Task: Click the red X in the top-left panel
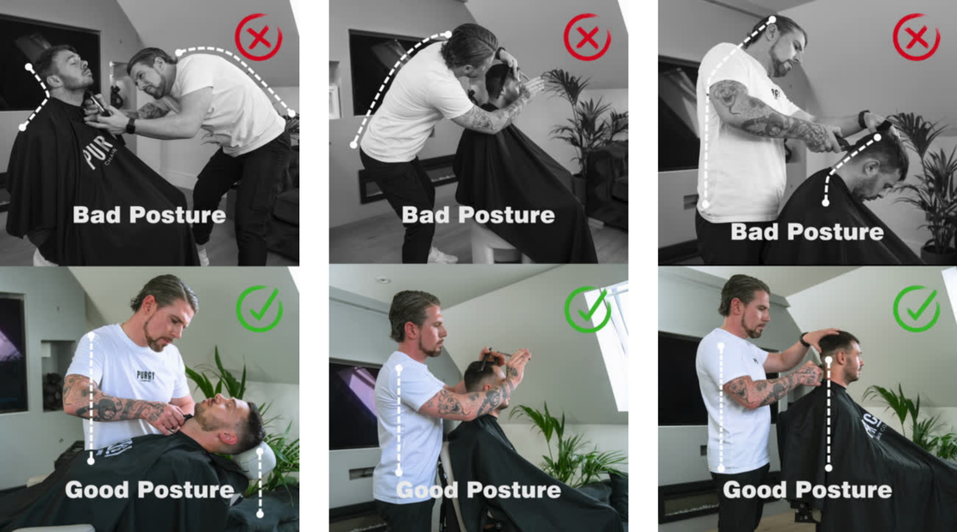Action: [x=259, y=37]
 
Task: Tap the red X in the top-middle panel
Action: [x=587, y=37]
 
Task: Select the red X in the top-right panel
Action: [x=916, y=37]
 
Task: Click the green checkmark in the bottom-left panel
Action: [x=260, y=310]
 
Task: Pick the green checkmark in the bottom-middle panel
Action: [x=588, y=310]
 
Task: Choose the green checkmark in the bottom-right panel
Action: [x=916, y=310]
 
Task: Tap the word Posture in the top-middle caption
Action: [x=507, y=215]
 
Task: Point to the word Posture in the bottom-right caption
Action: [x=845, y=490]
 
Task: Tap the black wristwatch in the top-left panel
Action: [x=130, y=126]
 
